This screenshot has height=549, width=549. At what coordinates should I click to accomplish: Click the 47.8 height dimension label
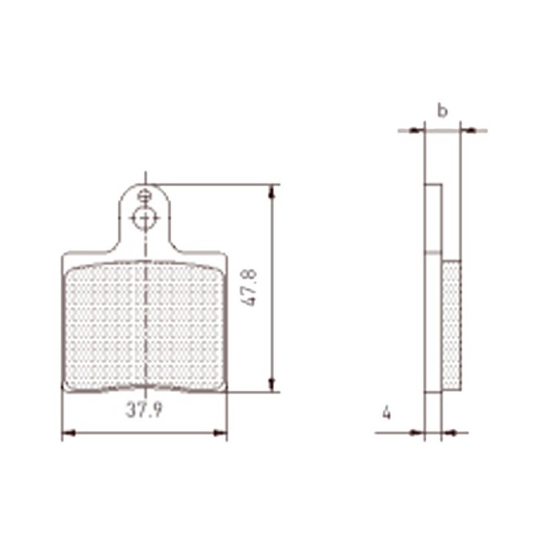250,288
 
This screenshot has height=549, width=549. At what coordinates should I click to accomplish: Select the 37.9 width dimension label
144,410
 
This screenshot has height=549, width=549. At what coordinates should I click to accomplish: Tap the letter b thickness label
443,110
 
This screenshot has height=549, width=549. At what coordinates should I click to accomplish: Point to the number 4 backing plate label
386,413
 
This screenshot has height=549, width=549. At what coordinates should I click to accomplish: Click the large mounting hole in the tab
144,218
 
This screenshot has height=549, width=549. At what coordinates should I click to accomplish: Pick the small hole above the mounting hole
143,196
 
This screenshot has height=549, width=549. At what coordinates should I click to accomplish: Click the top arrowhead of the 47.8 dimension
272,191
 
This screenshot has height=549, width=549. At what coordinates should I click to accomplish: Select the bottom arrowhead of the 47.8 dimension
272,385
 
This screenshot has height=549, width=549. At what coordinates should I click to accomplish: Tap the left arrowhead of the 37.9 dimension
69,433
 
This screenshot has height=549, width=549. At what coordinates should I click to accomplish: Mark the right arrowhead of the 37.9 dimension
220,433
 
